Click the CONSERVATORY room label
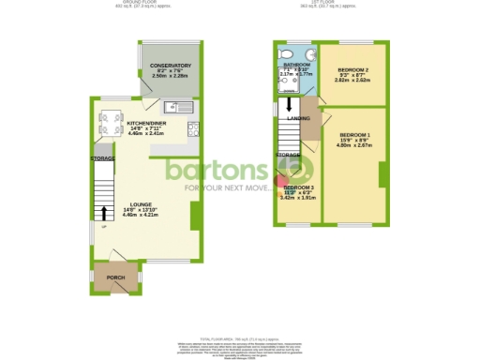coord(171,65)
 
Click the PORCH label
coord(117,278)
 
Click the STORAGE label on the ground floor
coord(102,158)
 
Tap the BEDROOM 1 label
coord(354,135)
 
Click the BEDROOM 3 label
coord(299,188)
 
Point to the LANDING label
coord(298,118)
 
